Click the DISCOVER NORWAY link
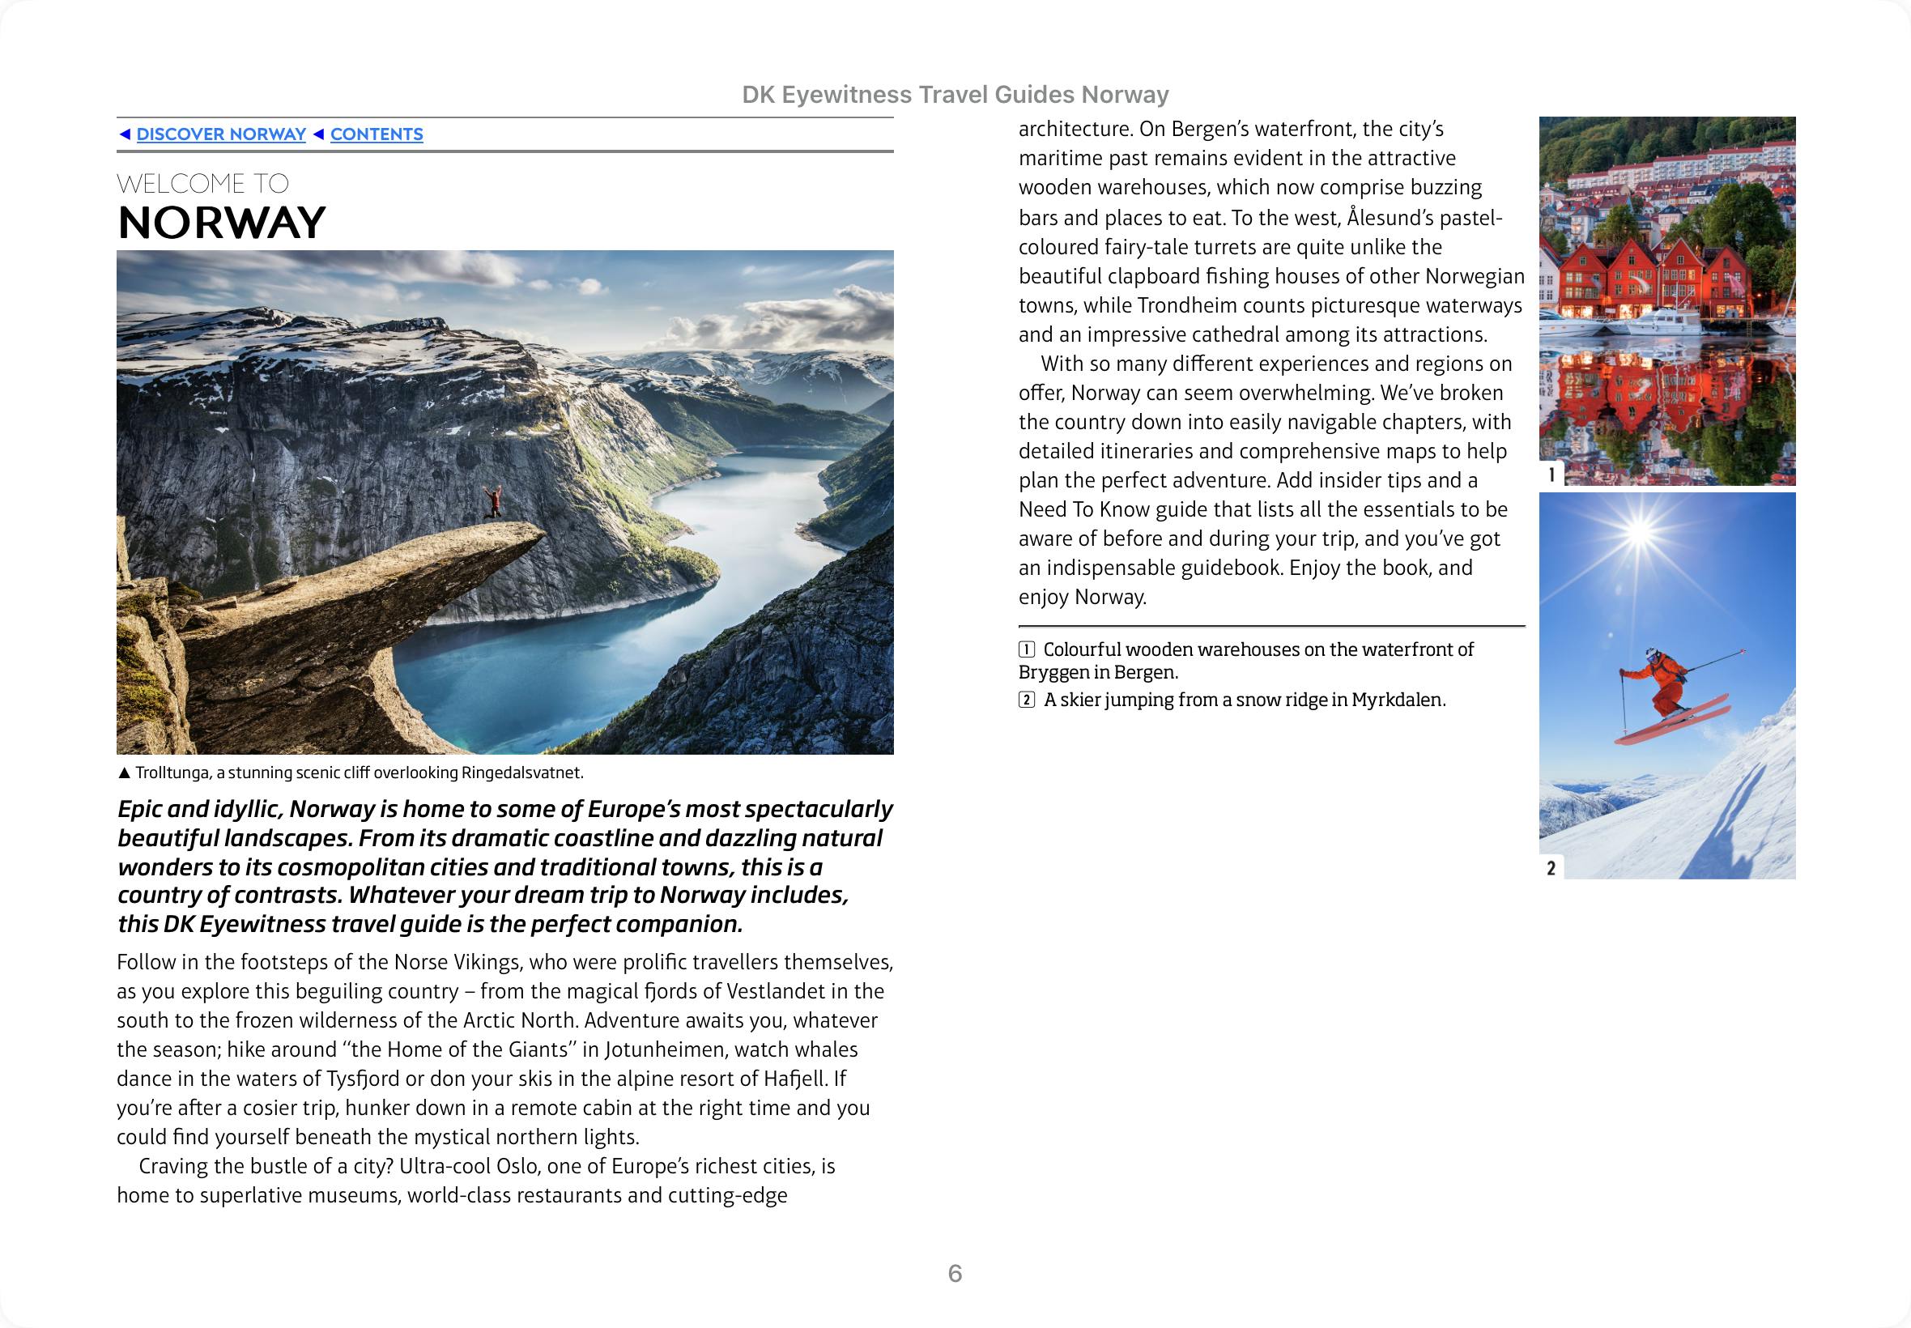(220, 134)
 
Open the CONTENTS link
(376, 134)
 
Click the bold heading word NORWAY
(221, 222)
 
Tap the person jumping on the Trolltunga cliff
(493, 501)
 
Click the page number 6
(955, 1273)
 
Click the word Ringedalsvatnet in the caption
(521, 773)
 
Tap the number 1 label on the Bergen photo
(1551, 475)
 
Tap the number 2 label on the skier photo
(1551, 869)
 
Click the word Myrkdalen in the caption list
(1397, 700)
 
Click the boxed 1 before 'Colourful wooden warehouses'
(1027, 650)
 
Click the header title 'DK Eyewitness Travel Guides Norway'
(955, 95)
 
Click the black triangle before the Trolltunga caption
(125, 773)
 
